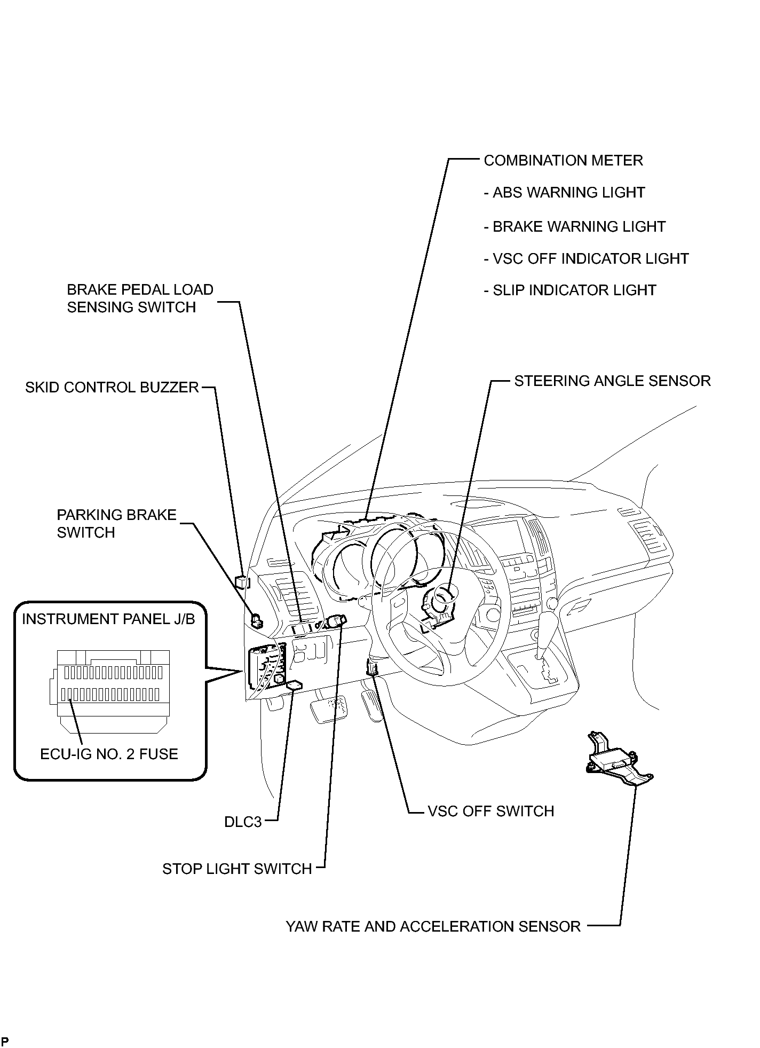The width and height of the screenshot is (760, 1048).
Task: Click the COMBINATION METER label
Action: point(563,161)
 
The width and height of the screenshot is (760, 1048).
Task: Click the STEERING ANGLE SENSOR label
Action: point(613,381)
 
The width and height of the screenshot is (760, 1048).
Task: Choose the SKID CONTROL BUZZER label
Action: point(112,388)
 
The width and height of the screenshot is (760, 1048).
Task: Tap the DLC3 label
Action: point(243,822)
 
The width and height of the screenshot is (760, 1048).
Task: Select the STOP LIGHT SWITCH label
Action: point(237,869)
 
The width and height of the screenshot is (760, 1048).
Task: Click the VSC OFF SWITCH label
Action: point(491,811)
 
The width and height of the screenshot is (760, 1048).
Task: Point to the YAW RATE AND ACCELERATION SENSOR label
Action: point(433,927)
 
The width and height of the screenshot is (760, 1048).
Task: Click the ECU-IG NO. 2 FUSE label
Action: point(109,754)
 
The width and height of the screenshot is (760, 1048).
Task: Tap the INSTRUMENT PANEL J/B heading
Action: point(108,619)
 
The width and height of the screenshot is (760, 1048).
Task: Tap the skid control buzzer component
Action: point(241,581)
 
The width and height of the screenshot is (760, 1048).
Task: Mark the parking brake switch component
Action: point(257,620)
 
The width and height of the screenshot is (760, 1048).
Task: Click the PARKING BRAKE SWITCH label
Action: point(116,524)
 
